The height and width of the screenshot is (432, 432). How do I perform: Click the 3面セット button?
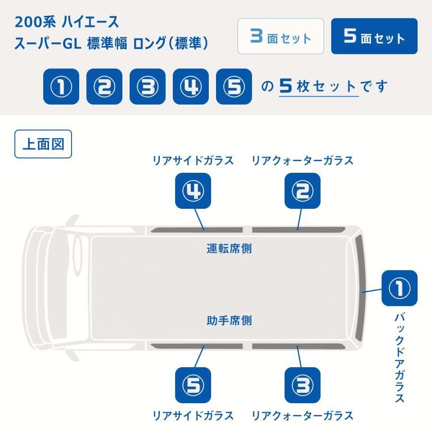click(281, 36)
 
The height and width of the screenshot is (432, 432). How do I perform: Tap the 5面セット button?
click(374, 36)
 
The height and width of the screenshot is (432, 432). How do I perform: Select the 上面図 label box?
click(43, 144)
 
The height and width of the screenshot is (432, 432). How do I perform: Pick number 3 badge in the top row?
click(147, 86)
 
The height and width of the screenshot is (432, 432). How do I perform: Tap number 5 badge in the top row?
click(234, 86)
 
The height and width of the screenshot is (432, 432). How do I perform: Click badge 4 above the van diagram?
click(193, 191)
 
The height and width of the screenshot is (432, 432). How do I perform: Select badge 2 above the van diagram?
click(302, 191)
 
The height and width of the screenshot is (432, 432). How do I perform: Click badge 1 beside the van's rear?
click(399, 288)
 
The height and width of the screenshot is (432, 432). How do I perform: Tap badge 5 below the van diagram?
click(193, 385)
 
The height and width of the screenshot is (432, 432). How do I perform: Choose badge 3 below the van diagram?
click(302, 385)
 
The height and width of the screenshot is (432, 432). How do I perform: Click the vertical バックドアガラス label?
click(399, 358)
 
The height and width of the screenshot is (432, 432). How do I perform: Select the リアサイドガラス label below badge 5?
click(193, 415)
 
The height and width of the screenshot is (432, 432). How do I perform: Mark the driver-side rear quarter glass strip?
click(299, 230)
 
